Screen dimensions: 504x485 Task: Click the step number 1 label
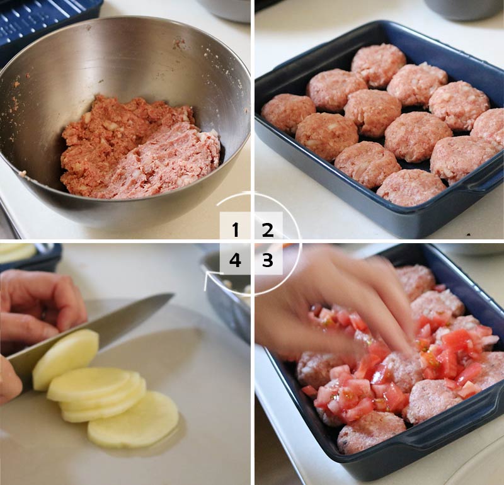[x=236, y=230]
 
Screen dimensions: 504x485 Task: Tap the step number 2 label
[x=267, y=230]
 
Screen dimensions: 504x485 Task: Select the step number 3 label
[x=267, y=260]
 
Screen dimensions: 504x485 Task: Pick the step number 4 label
[x=235, y=260]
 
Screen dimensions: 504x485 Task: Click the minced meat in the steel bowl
[x=140, y=148]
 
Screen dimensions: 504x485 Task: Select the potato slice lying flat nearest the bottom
[x=133, y=419]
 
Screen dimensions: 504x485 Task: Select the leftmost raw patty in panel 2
[x=288, y=113]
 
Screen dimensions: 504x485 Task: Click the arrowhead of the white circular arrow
[x=208, y=277]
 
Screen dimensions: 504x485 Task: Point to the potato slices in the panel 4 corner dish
[x=18, y=253]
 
